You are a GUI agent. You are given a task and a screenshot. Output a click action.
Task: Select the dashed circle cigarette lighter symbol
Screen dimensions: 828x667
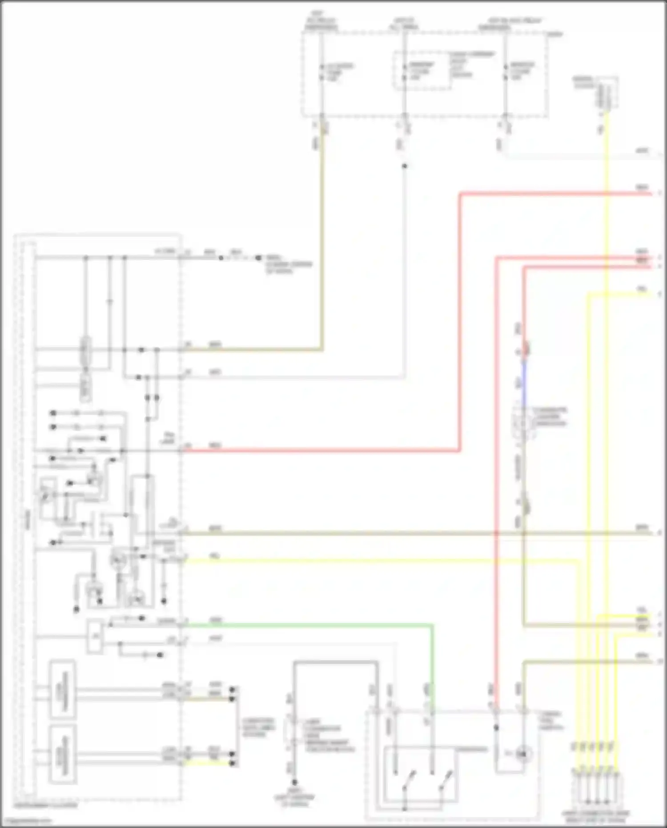[x=523, y=423]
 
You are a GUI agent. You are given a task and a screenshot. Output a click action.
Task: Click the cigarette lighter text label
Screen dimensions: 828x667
[x=550, y=417]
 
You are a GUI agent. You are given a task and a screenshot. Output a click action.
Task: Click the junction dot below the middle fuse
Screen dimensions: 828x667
[x=404, y=166]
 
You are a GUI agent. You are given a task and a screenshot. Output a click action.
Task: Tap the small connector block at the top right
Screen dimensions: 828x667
[x=607, y=93]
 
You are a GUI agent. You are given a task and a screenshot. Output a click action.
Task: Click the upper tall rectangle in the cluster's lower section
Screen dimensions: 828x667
[x=62, y=690]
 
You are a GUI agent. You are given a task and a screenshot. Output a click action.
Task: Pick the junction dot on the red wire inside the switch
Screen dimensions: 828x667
[x=496, y=728]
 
